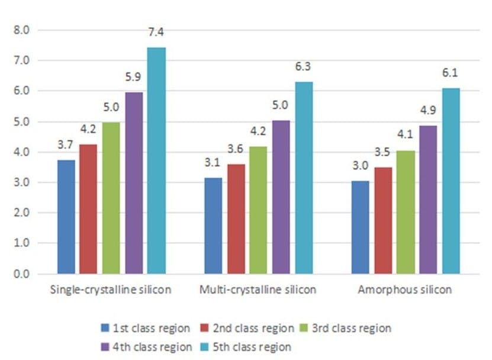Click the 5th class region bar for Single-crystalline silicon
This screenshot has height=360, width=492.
tap(156, 160)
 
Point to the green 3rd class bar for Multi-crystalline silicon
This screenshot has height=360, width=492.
tap(258, 210)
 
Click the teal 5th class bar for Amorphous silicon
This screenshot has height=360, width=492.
tap(451, 181)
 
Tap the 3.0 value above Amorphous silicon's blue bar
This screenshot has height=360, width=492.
tap(359, 166)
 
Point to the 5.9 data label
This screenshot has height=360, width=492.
tap(134, 78)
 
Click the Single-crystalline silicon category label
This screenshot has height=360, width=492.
tap(110, 290)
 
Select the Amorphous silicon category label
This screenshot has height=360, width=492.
tap(405, 290)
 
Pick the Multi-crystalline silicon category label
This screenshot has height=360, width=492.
tap(258, 290)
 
